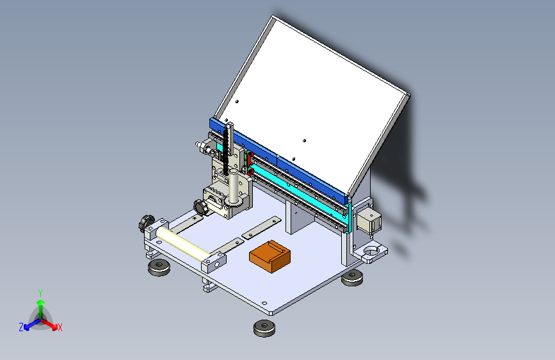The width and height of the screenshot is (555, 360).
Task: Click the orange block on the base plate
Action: pos(269,256)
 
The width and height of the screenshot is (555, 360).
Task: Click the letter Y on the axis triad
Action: pos(40,293)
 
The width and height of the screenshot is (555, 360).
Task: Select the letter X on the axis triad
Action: pos(60,327)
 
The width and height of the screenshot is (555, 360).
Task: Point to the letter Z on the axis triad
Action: pos(21,327)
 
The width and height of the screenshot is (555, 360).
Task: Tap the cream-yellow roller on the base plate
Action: pos(183,243)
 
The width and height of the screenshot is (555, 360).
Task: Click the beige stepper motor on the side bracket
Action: pos(369,220)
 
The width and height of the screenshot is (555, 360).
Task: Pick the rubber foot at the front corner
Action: pos(264,328)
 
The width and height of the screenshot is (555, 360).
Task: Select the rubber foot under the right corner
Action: pos(352,277)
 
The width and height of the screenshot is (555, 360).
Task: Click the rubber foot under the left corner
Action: pos(159,267)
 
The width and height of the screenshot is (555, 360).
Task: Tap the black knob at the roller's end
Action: pos(145,223)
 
